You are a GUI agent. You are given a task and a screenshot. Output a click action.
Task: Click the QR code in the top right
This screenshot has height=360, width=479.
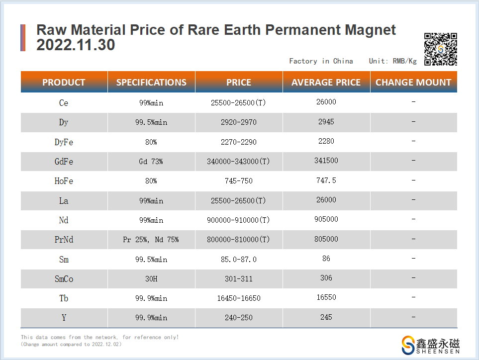tap(440, 49)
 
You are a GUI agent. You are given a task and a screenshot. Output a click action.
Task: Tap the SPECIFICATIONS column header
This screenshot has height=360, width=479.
tap(151, 83)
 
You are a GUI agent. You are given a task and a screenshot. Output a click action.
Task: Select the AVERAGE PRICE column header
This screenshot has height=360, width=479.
tap(326, 83)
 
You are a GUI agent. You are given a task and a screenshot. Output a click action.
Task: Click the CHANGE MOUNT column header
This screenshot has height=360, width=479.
tap(413, 83)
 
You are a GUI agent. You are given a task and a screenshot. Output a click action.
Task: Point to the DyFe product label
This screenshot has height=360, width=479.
tap(64, 142)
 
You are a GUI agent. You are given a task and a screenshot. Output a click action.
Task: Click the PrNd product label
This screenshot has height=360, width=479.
tap(64, 240)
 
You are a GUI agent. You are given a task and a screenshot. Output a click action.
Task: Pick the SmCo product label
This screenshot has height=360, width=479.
tap(64, 279)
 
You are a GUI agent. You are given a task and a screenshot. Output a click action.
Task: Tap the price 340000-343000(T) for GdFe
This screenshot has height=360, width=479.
tap(239, 162)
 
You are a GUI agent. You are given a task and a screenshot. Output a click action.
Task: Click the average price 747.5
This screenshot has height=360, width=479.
tap(326, 180)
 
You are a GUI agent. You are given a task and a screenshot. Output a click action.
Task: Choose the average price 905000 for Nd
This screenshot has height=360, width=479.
tap(326, 220)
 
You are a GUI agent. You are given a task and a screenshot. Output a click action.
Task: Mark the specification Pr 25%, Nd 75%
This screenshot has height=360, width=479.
tap(151, 240)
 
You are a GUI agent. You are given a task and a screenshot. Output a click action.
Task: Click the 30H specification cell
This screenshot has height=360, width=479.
tap(151, 279)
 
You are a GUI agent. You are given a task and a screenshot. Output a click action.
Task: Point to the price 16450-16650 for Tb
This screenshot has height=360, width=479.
tap(239, 298)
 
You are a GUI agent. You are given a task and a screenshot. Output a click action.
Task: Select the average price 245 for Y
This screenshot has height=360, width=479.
tap(326, 317)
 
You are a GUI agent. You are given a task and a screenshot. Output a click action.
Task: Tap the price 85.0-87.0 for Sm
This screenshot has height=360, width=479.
tap(239, 260)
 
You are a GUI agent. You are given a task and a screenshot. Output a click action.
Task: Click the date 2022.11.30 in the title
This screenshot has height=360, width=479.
tap(76, 45)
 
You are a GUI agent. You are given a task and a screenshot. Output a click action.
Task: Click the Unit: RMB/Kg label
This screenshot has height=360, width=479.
tap(392, 61)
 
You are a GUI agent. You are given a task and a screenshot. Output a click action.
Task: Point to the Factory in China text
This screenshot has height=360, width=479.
tap(321, 61)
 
